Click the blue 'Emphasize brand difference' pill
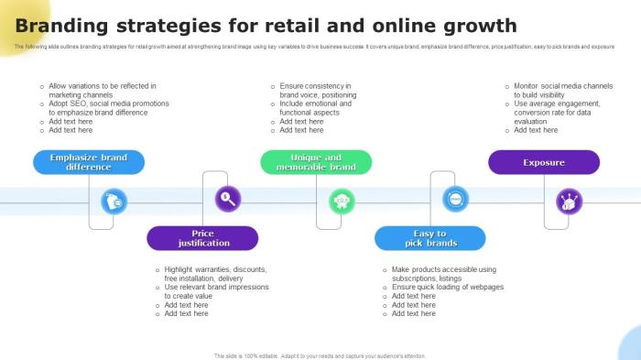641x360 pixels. (x=89, y=162)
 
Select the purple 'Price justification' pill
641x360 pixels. (x=202, y=238)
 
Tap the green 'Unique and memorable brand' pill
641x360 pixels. (x=316, y=162)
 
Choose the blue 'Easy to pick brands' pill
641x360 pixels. (x=429, y=238)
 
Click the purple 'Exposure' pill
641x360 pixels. (x=544, y=162)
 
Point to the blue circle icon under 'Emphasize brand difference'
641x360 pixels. (x=114, y=201)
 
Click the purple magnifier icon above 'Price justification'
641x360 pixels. (x=227, y=197)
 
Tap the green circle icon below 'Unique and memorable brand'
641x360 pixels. (x=342, y=200)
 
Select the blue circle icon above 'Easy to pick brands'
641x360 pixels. (x=455, y=197)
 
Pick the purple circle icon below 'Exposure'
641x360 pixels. (x=569, y=201)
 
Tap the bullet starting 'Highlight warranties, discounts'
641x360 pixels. (x=215, y=274)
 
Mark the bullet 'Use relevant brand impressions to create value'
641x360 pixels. (x=216, y=291)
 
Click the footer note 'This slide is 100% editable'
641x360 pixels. (x=320, y=355)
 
